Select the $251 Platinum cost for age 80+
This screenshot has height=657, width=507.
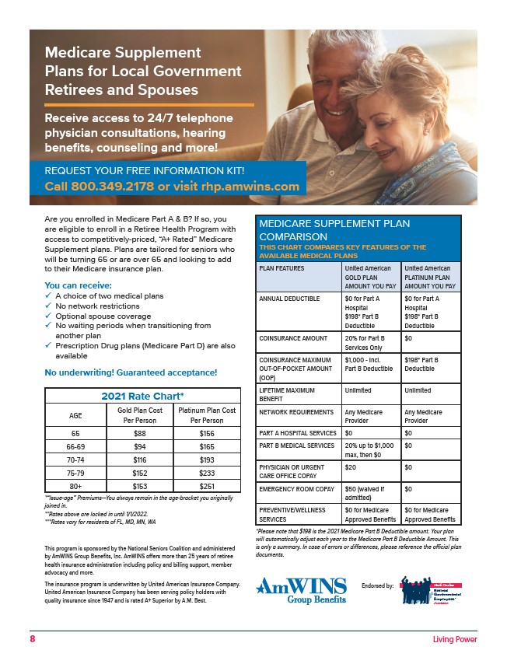click(x=207, y=486)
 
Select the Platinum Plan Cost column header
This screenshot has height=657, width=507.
click(x=207, y=414)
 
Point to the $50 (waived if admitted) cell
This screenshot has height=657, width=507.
click(x=368, y=494)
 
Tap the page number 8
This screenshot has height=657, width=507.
click(x=33, y=639)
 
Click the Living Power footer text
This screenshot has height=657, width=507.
click(x=455, y=639)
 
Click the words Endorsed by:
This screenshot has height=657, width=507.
click(x=378, y=585)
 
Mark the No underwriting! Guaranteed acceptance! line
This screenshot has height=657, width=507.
click(x=131, y=372)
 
